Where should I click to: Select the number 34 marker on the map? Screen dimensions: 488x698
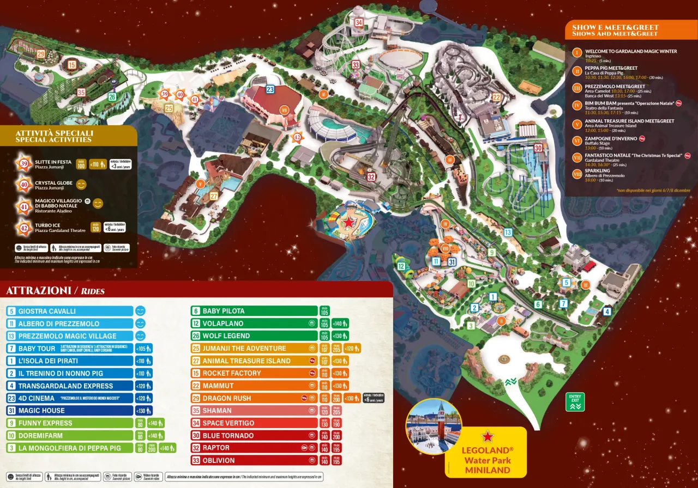coord(358,23)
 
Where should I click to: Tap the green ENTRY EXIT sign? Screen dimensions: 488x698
coord(575,402)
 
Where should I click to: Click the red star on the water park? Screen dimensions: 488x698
coord(348,222)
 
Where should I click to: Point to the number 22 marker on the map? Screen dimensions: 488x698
coord(496,97)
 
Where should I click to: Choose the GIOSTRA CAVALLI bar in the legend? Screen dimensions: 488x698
coord(70,311)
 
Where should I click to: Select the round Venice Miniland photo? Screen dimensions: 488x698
coord(434,426)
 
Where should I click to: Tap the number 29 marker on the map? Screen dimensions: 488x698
coord(41,54)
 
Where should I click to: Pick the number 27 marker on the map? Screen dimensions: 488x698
coord(214,196)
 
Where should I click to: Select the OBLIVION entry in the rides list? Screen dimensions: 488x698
coord(219,460)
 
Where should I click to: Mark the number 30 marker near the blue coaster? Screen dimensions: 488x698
coord(538,148)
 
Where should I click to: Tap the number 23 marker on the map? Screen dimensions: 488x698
coord(270,89)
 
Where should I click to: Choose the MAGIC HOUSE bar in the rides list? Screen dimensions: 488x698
coord(70,411)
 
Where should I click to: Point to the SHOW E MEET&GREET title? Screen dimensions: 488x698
coord(615,27)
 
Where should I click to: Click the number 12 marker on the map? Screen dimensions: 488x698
coord(401,266)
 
